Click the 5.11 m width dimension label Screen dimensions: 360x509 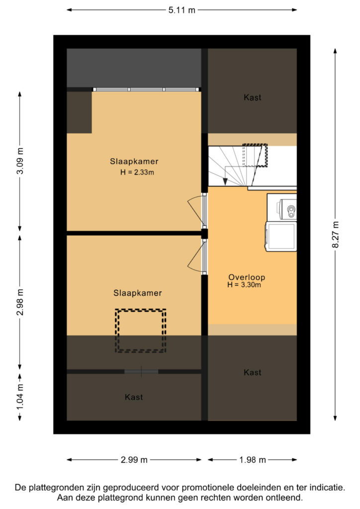pos(182,10)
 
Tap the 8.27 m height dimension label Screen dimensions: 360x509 pos(335,235)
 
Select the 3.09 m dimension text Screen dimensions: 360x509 pos(20,161)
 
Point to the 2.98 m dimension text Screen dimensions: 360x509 pos(20,302)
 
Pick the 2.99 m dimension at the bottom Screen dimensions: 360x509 pos(134,460)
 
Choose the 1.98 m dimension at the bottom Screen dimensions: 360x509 pos(253,460)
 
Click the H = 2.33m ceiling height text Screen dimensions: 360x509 pos(137,172)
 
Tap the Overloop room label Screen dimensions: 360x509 pos(247,277)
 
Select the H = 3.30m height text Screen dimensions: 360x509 pos(244,285)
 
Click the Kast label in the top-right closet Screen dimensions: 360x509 pos(252,97)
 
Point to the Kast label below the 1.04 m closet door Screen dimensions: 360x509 pos(134,397)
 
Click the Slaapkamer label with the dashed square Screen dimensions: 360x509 pos(137,293)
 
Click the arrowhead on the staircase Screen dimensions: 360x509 pos(225,182)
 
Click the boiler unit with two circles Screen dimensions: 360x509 pos(286,208)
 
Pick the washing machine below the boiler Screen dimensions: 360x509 pos(281,236)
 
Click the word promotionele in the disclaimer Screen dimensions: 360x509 pos(208,487)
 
